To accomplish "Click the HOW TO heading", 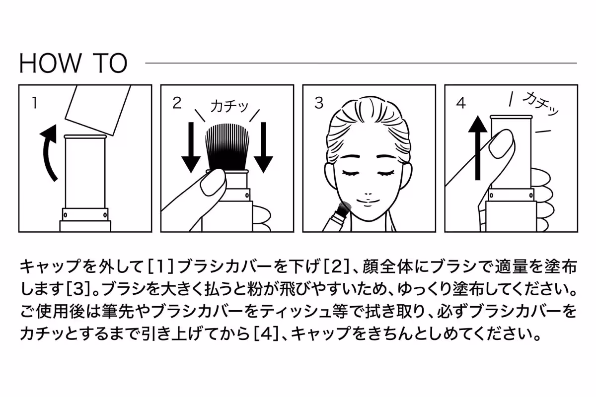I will [x=73, y=63].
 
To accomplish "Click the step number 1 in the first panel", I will [x=34, y=103].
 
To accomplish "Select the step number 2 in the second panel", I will [x=177, y=103].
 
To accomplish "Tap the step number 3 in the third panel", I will [x=319, y=103].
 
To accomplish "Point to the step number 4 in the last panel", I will [x=461, y=103].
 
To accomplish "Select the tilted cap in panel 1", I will [x=98, y=109].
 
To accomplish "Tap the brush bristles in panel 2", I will [x=227, y=146].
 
